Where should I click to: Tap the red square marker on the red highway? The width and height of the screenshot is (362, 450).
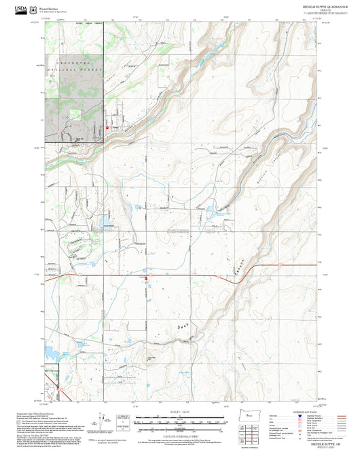pos(145,277)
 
